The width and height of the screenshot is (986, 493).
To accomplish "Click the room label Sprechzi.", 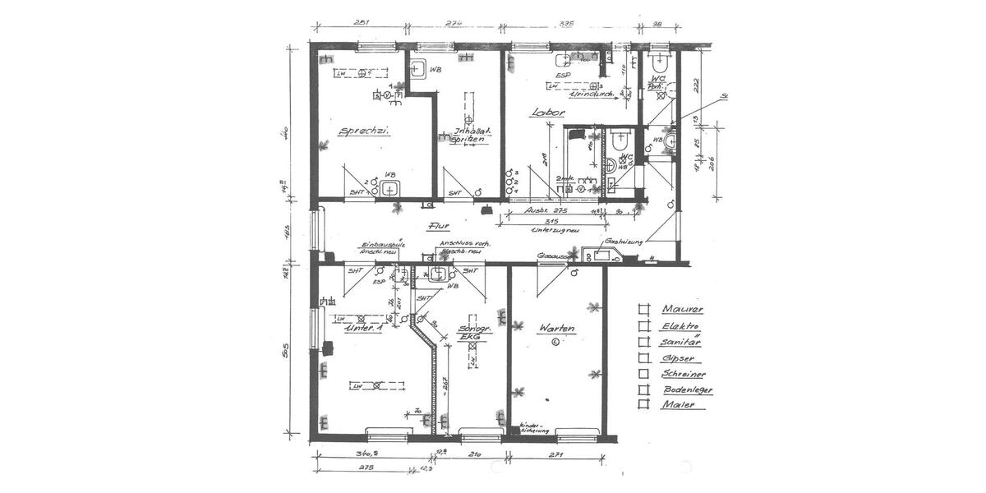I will [x=362, y=131].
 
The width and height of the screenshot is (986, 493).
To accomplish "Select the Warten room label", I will [x=555, y=328].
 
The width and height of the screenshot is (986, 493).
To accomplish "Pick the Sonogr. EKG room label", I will [x=472, y=332].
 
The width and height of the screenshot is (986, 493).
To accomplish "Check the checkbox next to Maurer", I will [x=643, y=309].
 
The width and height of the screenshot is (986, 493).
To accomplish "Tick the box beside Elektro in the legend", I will [x=643, y=325].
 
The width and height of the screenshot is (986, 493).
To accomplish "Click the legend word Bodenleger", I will [x=687, y=389].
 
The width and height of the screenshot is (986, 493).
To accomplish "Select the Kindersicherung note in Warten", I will [x=533, y=428].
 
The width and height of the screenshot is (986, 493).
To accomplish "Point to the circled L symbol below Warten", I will [x=555, y=342].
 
